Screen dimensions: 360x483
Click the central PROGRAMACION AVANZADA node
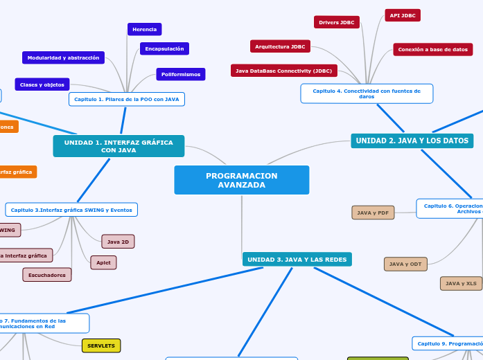241,180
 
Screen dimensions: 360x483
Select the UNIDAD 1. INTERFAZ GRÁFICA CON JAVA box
118,146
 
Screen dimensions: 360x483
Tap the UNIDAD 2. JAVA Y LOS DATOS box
412,141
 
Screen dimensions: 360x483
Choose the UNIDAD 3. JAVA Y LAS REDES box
297,260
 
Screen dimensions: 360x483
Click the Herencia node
144,29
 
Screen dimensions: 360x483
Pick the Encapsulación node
164,48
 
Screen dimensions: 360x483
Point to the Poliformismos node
180,74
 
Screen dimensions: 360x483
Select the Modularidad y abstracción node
63,57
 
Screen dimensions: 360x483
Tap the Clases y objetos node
42,84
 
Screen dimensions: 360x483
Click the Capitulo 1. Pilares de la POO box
127,99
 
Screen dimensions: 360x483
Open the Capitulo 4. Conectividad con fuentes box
367,93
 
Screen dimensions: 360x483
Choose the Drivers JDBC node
336,22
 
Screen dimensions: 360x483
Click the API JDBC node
402,15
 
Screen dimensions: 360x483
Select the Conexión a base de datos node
432,49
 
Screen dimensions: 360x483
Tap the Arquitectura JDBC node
280,46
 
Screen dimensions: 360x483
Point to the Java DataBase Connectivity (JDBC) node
283,71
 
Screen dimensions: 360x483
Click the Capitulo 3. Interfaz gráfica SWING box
71,209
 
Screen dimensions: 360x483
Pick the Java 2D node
118,242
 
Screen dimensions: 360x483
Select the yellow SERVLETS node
101,345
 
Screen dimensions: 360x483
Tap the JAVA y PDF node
373,213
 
